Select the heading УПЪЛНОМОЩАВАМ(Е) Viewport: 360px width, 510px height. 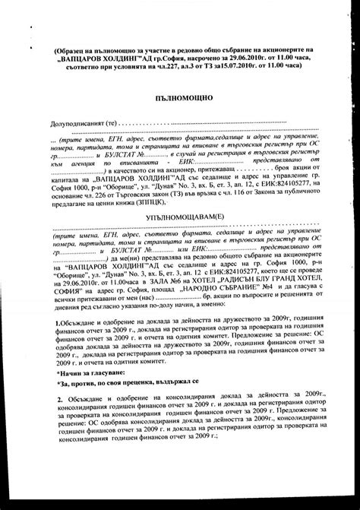(x=180, y=215)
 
